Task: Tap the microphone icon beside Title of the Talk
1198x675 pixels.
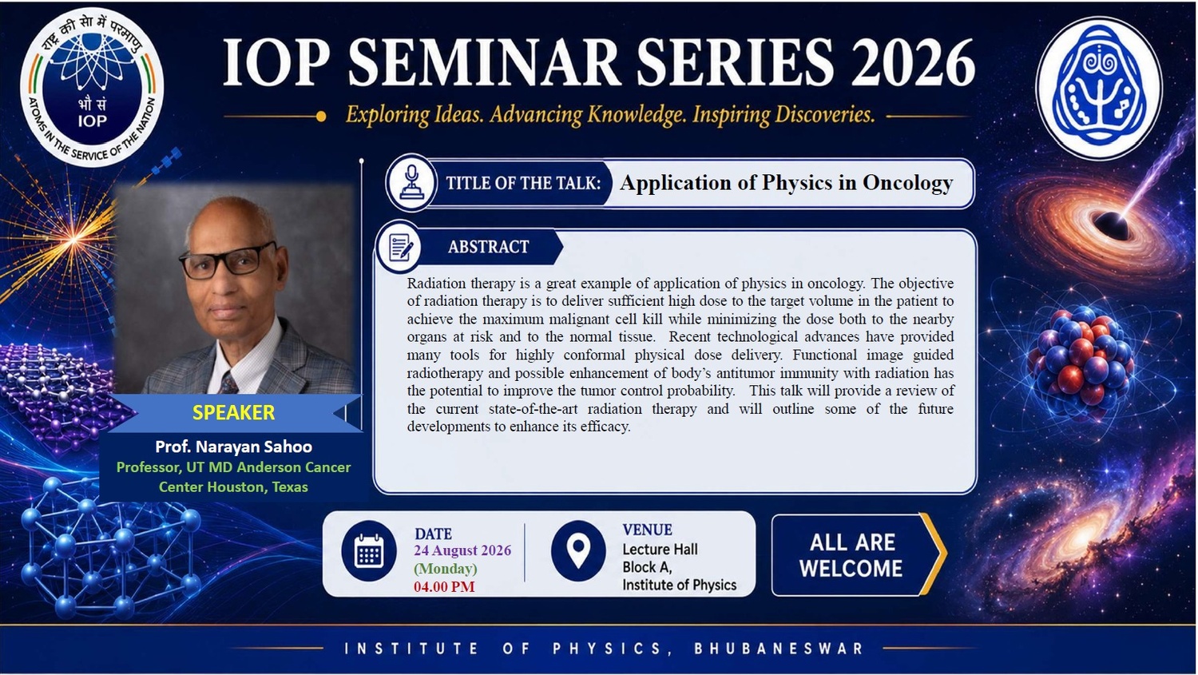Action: click(411, 183)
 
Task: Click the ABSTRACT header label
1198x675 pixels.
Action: click(488, 247)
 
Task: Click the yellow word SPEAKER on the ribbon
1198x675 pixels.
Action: click(234, 412)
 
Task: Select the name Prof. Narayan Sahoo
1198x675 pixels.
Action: click(234, 447)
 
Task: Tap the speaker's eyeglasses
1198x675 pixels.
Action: click(228, 261)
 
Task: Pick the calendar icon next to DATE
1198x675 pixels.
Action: click(369, 551)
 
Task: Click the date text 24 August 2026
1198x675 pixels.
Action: click(462, 550)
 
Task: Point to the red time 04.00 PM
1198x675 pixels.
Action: click(444, 587)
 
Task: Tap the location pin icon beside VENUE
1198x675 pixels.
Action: click(578, 551)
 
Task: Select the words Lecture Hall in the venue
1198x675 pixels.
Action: click(660, 550)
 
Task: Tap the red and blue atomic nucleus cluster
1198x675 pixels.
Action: click(1082, 355)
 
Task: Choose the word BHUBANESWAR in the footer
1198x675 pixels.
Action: click(779, 649)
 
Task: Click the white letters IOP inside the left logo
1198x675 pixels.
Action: click(93, 121)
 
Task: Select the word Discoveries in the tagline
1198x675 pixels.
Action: click(824, 114)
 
